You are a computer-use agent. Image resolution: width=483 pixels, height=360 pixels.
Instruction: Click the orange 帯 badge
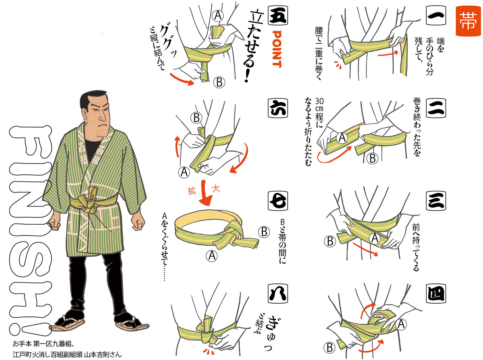click(x=468, y=21)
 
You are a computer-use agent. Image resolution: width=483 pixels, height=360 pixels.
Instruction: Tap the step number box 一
click(x=436, y=15)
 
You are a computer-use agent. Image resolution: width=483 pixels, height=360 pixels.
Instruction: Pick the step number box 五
click(x=278, y=15)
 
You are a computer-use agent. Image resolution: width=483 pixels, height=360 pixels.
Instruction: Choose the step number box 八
click(x=278, y=293)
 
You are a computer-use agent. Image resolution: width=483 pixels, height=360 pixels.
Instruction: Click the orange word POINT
click(x=277, y=49)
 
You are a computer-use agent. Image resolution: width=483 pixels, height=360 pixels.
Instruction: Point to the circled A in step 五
click(x=218, y=15)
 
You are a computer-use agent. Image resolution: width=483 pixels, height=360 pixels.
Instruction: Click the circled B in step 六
click(x=196, y=118)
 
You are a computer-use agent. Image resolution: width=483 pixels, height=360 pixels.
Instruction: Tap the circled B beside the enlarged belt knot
click(x=264, y=232)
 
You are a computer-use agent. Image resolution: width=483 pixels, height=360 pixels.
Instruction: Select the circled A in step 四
click(x=401, y=325)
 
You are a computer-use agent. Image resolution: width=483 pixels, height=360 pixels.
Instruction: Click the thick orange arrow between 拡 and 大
click(x=205, y=193)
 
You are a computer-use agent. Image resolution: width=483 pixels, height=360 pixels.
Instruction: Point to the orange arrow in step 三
click(x=365, y=249)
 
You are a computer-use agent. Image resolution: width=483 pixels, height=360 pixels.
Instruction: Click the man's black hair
click(x=93, y=99)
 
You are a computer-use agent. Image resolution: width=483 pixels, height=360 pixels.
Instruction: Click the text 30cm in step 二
click(x=319, y=105)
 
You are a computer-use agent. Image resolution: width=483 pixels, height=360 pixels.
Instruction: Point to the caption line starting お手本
click(x=43, y=344)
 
